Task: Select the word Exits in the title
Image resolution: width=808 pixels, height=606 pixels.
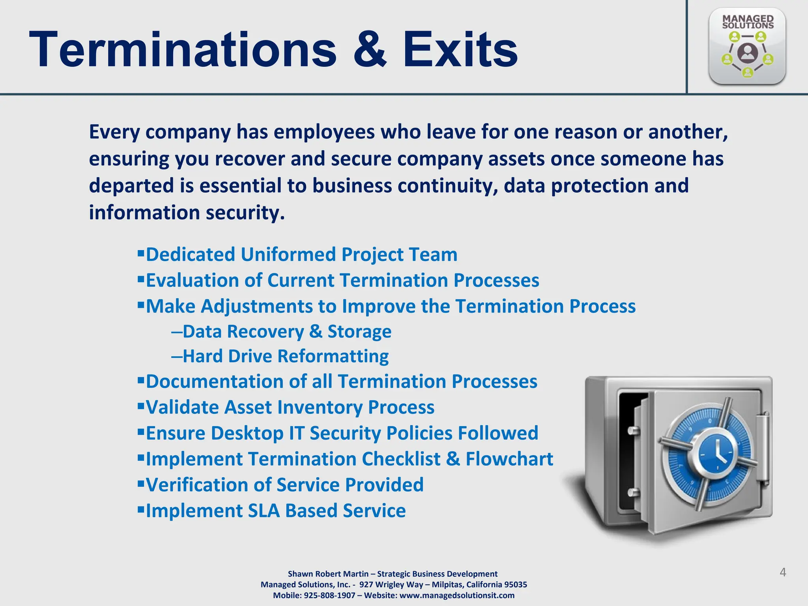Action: tap(460, 50)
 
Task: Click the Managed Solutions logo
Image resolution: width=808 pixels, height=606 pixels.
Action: tap(747, 46)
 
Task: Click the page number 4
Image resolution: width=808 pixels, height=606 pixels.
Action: tap(783, 572)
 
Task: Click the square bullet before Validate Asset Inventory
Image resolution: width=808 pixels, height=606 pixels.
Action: tap(141, 405)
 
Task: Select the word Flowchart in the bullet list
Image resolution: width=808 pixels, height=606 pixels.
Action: tap(509, 459)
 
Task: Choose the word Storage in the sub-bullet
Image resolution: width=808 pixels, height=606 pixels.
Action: tap(359, 331)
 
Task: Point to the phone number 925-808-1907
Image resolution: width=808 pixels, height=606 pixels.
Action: tap(329, 595)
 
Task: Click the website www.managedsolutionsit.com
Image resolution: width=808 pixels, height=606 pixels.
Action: tap(457, 595)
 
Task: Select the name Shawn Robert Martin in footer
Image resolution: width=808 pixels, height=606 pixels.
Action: tap(328, 574)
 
